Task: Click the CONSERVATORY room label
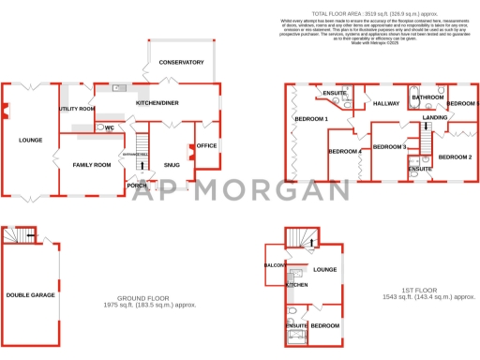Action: click(181, 62)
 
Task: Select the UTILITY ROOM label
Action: click(77, 109)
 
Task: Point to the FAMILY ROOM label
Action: click(92, 165)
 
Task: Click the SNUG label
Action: click(172, 165)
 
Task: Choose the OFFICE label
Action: click(206, 146)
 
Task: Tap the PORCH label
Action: click(137, 185)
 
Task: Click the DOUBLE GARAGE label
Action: click(30, 294)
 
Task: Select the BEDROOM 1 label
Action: click(311, 119)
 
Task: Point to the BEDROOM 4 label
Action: click(345, 151)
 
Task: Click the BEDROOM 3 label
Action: click(389, 147)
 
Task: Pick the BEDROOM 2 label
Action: click(455, 157)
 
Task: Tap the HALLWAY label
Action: click(386, 103)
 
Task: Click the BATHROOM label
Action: click(427, 97)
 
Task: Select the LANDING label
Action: click(435, 117)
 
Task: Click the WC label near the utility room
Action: click(109, 127)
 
